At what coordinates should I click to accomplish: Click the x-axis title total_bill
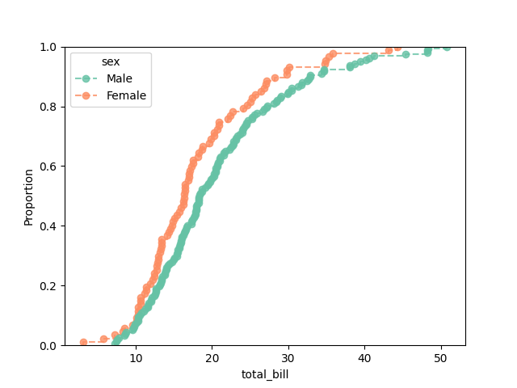click(x=265, y=374)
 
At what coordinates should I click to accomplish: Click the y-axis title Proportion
click(x=29, y=196)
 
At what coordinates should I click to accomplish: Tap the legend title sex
click(x=111, y=62)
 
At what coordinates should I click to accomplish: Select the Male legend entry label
click(x=120, y=78)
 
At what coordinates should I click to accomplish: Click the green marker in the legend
click(x=86, y=78)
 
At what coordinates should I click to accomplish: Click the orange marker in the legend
click(x=86, y=95)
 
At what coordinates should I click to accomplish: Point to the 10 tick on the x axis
click(x=136, y=356)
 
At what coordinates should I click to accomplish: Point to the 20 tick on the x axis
click(x=212, y=356)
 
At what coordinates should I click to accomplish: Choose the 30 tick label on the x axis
click(x=288, y=356)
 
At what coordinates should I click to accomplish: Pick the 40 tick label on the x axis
click(x=364, y=356)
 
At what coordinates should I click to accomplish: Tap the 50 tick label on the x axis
click(x=441, y=356)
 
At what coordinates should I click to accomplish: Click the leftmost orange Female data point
click(x=83, y=343)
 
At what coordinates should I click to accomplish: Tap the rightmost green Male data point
click(x=447, y=47)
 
